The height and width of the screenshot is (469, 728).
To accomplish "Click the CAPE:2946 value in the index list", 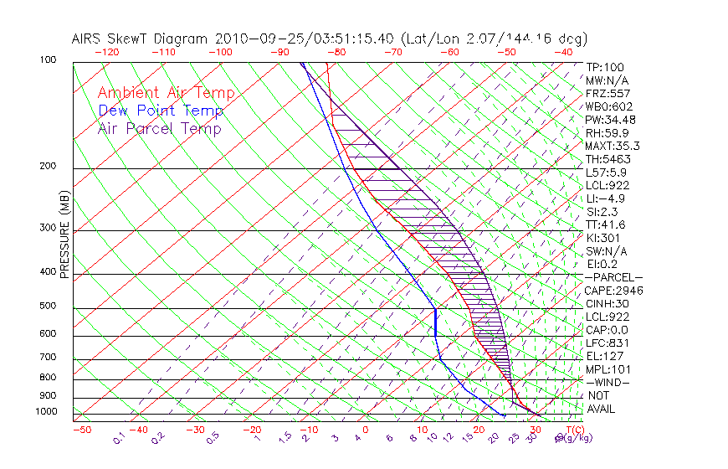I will coord(613,291).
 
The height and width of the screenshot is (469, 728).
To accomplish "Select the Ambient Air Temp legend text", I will coord(166,93).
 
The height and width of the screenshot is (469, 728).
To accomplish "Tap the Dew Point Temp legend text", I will coord(161,111).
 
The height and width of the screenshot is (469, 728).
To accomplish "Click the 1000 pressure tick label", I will coord(47,412).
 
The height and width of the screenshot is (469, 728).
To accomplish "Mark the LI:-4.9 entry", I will coord(604,198).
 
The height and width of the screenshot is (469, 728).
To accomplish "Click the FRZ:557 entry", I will coord(607,93).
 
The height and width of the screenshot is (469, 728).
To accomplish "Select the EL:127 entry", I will coord(602,356).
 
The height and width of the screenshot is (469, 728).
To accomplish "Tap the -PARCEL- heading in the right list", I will coord(613,277).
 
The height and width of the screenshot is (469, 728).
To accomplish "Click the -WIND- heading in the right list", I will coord(607,382).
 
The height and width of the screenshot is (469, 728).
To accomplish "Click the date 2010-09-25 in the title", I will coord(254,39).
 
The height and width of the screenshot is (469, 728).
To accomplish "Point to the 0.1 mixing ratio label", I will coord(119,437).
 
